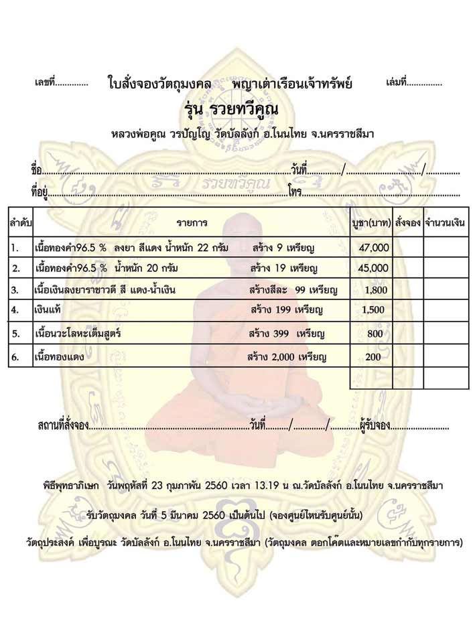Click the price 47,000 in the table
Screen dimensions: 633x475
(x=374, y=248)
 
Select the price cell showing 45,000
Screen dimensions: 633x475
(x=374, y=269)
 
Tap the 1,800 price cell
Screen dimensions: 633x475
(x=375, y=290)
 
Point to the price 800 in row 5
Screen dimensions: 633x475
(x=375, y=333)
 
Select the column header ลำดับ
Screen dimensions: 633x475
(x=21, y=220)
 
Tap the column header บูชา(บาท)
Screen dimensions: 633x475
(x=371, y=220)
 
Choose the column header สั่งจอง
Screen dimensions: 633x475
(x=407, y=220)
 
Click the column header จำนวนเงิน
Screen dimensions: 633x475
(x=446, y=220)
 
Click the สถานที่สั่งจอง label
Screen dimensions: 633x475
(x=63, y=424)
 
